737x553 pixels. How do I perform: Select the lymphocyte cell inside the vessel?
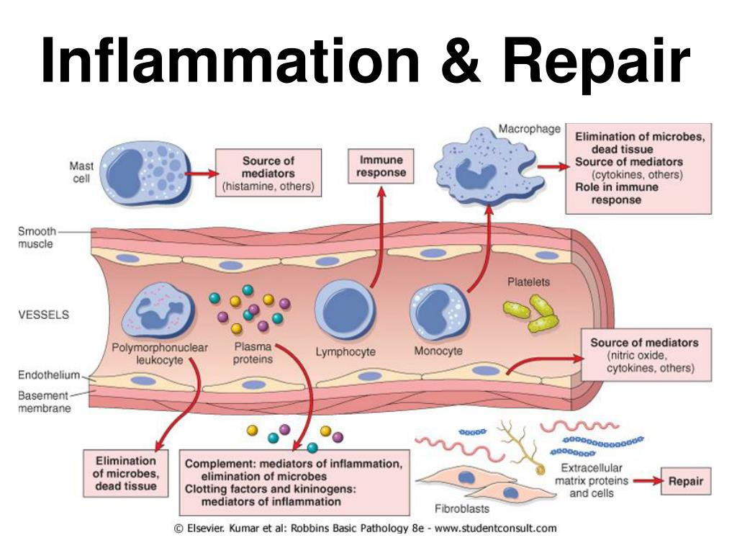pyautogui.click(x=345, y=310)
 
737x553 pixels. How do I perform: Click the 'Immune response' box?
pyautogui.click(x=381, y=166)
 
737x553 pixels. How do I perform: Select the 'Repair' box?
pyautogui.click(x=685, y=481)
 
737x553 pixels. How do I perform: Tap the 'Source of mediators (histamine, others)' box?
pyautogui.click(x=268, y=173)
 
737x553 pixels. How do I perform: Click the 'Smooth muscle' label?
pyautogui.click(x=35, y=238)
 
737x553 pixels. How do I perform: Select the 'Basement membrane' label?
pyautogui.click(x=44, y=402)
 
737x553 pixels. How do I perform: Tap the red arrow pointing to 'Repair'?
pyautogui.click(x=647, y=482)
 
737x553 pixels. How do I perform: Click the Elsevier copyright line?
pyautogui.click(x=366, y=528)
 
